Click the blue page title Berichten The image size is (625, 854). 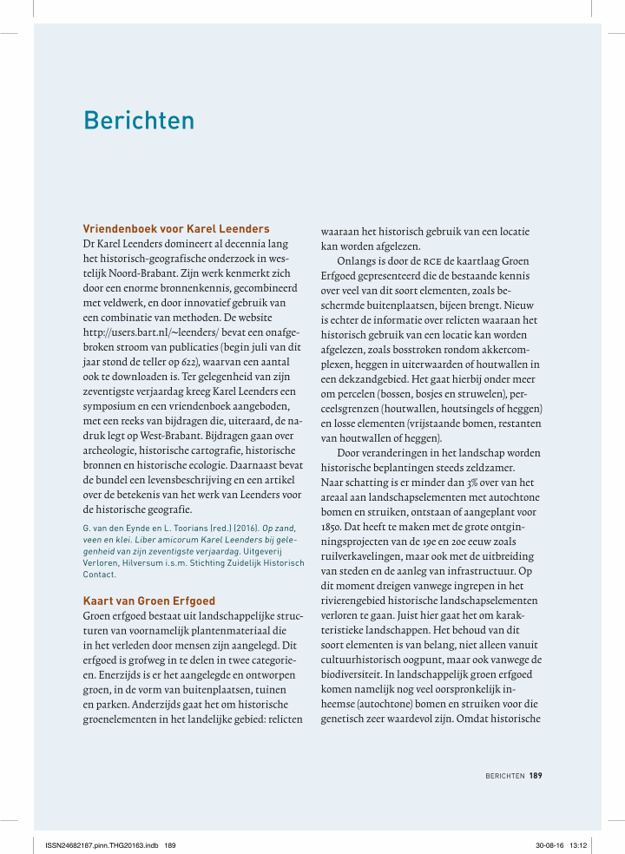pos(139,120)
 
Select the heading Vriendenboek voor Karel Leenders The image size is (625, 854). pos(176,229)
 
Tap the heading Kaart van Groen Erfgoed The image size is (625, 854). pos(148,601)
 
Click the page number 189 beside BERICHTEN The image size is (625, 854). pos(536,776)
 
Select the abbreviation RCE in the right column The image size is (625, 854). pos(434,260)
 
